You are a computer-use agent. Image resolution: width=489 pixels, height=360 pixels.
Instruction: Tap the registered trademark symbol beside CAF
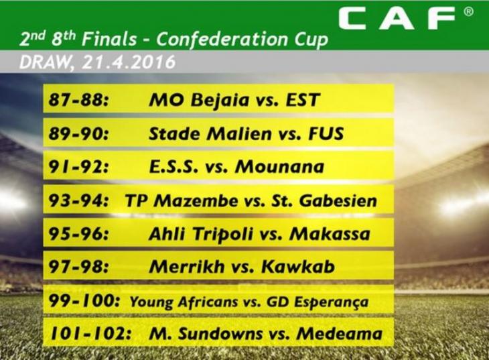click(x=469, y=12)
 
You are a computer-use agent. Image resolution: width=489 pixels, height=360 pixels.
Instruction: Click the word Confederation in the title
click(x=222, y=40)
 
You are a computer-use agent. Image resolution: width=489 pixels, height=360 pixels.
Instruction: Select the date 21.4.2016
click(x=129, y=62)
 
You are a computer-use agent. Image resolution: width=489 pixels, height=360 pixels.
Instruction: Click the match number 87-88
click(x=79, y=100)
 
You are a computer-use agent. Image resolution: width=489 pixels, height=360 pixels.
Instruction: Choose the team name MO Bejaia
click(x=199, y=101)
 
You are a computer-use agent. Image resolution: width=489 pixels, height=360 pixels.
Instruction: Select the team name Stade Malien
click(x=210, y=133)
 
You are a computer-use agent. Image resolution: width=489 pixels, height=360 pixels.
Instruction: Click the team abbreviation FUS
click(x=326, y=133)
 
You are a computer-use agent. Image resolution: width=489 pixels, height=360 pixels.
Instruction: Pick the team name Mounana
click(x=280, y=166)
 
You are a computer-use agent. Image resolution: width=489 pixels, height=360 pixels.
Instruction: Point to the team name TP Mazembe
click(x=182, y=200)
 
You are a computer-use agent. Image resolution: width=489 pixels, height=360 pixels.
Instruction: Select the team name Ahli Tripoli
click(x=201, y=235)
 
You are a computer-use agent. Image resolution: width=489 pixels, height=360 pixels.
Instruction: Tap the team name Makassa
click(x=330, y=234)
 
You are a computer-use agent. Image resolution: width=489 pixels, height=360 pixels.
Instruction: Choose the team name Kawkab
click(x=298, y=267)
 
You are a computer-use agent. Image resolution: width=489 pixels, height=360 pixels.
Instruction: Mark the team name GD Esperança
click(x=318, y=302)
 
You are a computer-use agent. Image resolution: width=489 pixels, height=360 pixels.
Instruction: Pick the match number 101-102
click(x=90, y=333)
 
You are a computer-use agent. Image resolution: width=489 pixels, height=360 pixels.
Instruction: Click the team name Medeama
click(x=340, y=333)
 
